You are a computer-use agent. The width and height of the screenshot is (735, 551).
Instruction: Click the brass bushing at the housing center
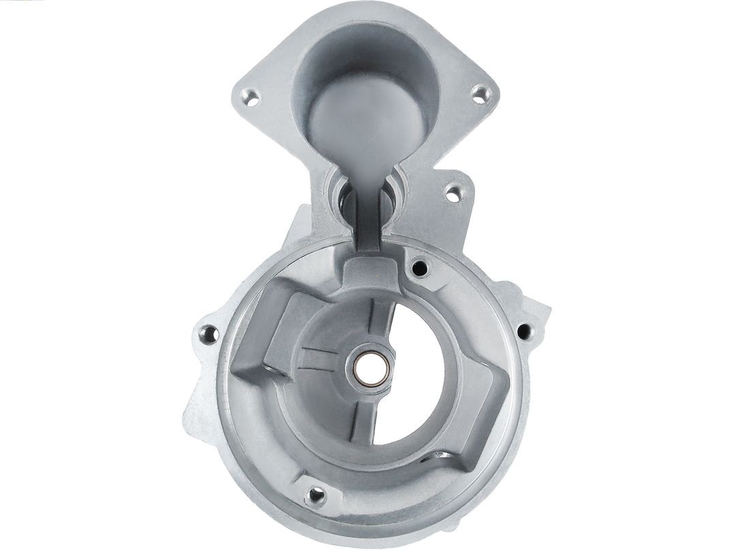371,367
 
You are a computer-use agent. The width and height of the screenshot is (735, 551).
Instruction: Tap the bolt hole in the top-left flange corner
250,97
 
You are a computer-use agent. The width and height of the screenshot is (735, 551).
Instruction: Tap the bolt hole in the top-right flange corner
480,93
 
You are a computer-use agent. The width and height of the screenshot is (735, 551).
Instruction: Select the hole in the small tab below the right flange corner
453,193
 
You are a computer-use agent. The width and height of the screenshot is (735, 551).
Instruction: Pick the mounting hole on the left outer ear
208,334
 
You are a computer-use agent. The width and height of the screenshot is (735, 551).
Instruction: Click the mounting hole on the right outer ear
524,331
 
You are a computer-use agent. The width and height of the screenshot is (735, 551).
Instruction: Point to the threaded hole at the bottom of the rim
314,496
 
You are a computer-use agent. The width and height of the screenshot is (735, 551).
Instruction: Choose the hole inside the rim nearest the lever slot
420,268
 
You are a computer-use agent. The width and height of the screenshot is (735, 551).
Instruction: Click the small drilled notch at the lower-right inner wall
441,454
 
